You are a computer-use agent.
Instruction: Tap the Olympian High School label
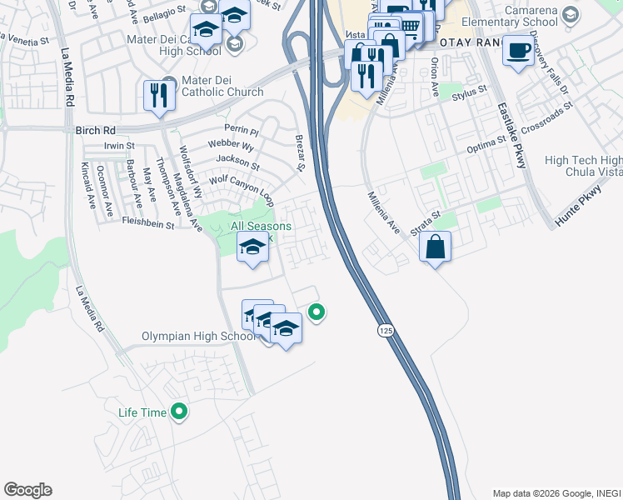click(199, 336)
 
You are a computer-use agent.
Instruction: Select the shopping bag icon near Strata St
click(435, 247)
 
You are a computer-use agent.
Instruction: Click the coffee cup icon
click(517, 51)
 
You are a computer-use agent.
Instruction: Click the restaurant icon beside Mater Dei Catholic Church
click(157, 94)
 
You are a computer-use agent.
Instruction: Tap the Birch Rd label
click(98, 131)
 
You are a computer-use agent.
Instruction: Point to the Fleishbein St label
click(147, 224)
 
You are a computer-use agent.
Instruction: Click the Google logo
click(27, 490)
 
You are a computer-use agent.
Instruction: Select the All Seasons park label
click(261, 227)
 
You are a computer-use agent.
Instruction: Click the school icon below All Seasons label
click(252, 247)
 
